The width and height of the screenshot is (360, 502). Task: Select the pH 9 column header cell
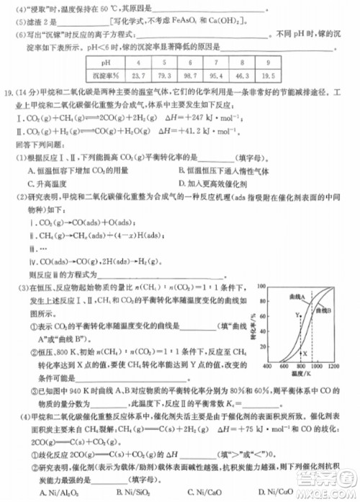coord(268,63)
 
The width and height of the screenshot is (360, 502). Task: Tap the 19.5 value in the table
coord(268,74)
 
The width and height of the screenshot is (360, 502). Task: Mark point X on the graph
coord(305,353)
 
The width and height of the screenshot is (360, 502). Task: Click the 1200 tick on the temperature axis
coord(336,367)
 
